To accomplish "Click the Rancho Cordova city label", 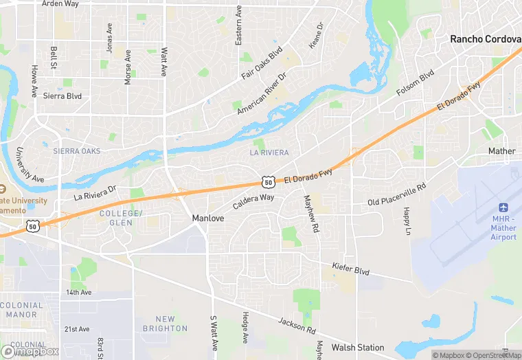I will (x=486, y=39).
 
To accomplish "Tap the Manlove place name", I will (x=207, y=218).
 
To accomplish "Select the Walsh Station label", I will (x=358, y=348).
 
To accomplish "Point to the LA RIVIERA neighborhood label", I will (x=269, y=152).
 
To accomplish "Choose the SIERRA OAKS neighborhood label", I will (x=76, y=151).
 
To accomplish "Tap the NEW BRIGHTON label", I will (x=165, y=324).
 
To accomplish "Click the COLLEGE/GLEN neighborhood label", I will (x=120, y=218).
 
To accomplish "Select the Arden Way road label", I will (x=60, y=4).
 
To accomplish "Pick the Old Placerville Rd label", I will (x=396, y=194).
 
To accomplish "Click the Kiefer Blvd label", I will (x=350, y=268).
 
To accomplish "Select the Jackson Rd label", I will (x=297, y=326).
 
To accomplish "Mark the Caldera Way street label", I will (x=253, y=201).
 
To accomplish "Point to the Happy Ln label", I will (x=407, y=221).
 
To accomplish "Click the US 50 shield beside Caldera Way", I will (x=269, y=182).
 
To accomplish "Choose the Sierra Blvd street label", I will (x=63, y=96).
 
